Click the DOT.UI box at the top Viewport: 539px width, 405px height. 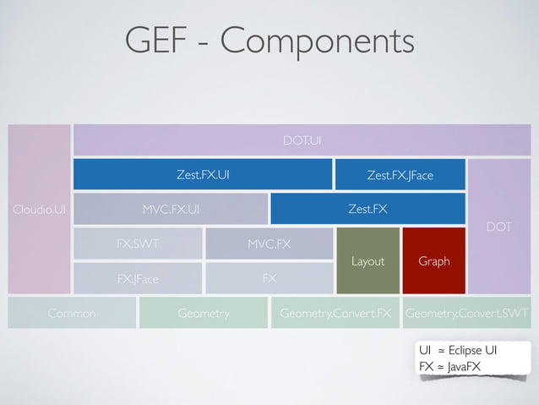[x=302, y=140]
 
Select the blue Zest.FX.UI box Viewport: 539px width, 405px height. [x=202, y=175]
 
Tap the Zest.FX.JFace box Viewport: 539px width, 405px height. [x=400, y=175]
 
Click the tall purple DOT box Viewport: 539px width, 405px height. [x=498, y=227]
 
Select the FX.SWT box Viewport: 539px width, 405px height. [x=138, y=244]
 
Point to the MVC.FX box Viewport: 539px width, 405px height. [x=269, y=244]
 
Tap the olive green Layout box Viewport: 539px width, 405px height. [x=367, y=260]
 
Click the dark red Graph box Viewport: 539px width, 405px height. [x=433, y=260]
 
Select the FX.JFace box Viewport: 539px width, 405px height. [x=138, y=277]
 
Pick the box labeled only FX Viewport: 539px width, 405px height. [x=269, y=277]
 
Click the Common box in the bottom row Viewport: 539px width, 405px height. [x=72, y=313]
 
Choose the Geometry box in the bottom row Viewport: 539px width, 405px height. [x=204, y=313]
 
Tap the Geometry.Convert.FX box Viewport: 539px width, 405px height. [x=335, y=313]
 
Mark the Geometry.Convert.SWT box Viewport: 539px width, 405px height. [x=466, y=313]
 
